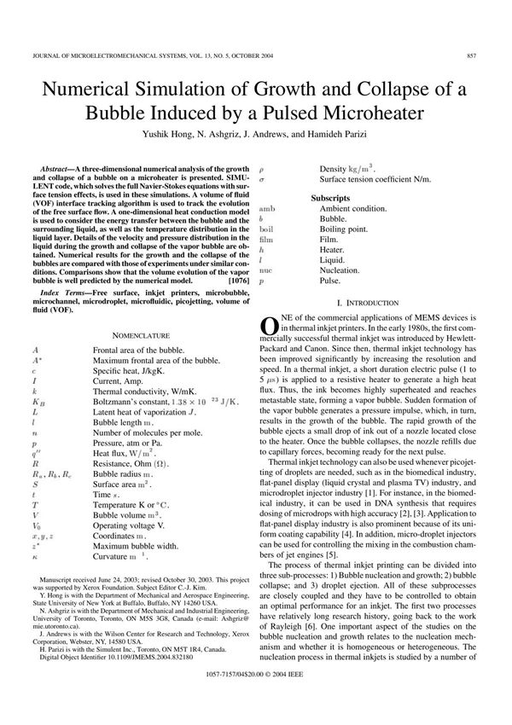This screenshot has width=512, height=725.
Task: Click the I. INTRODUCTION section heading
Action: pyautogui.click(x=367, y=304)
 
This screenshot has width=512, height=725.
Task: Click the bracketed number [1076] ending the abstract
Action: pyautogui.click(x=240, y=280)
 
